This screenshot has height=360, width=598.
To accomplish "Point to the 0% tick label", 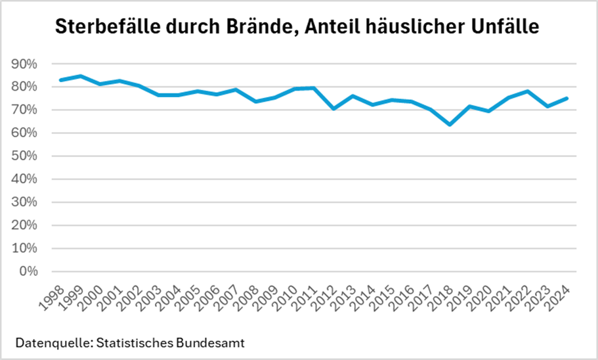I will tap(28, 271).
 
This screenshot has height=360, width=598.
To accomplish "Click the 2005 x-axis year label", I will tap(186, 292).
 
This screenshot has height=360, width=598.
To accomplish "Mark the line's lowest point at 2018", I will tap(450, 124).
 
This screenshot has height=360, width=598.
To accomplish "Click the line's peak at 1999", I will tap(79, 76).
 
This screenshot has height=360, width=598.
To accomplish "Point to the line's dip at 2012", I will tap(333, 108).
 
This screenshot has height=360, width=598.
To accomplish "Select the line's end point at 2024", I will tap(566, 99).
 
